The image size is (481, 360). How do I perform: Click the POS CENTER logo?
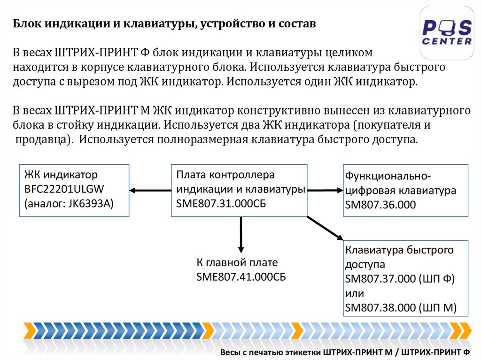446,33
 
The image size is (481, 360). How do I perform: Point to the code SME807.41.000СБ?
241,276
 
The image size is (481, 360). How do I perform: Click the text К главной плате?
237,262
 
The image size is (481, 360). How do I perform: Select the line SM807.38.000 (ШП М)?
401,308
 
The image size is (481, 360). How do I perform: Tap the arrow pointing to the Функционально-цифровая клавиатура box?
326,190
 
